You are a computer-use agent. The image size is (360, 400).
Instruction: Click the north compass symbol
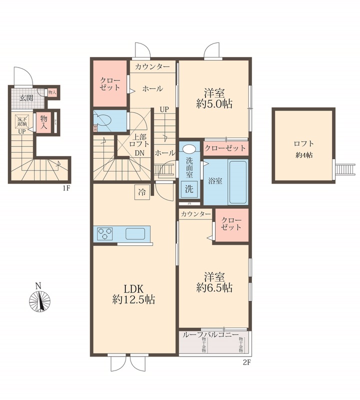pyautogui.click(x=39, y=299)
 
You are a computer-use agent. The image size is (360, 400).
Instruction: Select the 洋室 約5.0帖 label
pyautogui.click(x=214, y=98)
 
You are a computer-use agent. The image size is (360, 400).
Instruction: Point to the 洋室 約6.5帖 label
pyautogui.click(x=214, y=282)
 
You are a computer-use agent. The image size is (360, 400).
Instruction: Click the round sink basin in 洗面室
pyautogui.click(x=189, y=148)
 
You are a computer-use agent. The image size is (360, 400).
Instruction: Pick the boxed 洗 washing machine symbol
pyautogui.click(x=189, y=189)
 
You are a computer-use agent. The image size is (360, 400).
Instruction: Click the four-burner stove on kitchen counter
pyautogui.click(x=105, y=233)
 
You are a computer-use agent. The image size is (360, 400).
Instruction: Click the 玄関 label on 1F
pyautogui.click(x=26, y=97)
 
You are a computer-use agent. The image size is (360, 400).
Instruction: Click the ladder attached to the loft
pyautogui.click(x=344, y=169)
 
